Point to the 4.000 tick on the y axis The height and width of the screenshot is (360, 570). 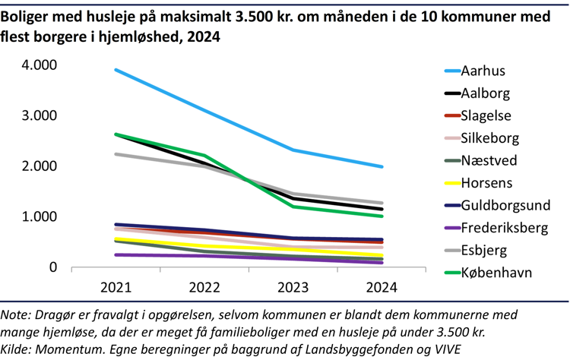40,65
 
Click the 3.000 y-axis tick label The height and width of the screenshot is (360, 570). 40,115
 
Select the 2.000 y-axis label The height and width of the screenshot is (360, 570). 40,166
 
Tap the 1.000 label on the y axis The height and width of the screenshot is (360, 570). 40,216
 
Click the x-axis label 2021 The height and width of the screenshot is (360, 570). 116,288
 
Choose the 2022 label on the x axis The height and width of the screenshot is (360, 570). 205,288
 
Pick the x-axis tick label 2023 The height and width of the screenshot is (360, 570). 293,288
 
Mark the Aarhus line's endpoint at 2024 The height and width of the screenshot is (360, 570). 382,167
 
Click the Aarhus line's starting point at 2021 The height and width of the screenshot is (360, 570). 116,70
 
